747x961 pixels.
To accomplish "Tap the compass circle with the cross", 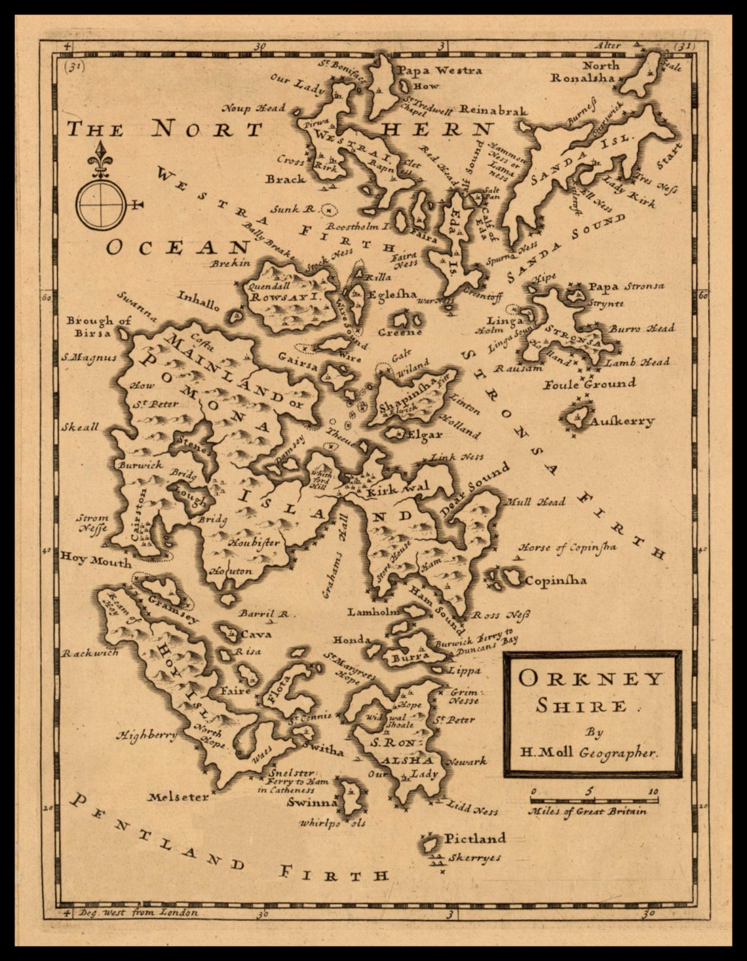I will (100, 205).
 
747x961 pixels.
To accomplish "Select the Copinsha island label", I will (556, 580).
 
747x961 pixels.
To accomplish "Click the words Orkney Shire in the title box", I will (591, 690).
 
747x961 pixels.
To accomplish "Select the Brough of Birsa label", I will (98, 326).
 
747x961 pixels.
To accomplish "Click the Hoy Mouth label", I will (96, 560).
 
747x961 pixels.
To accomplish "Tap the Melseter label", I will (178, 797).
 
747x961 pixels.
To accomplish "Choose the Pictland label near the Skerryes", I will (475, 838).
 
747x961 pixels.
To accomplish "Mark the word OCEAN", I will (178, 247).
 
